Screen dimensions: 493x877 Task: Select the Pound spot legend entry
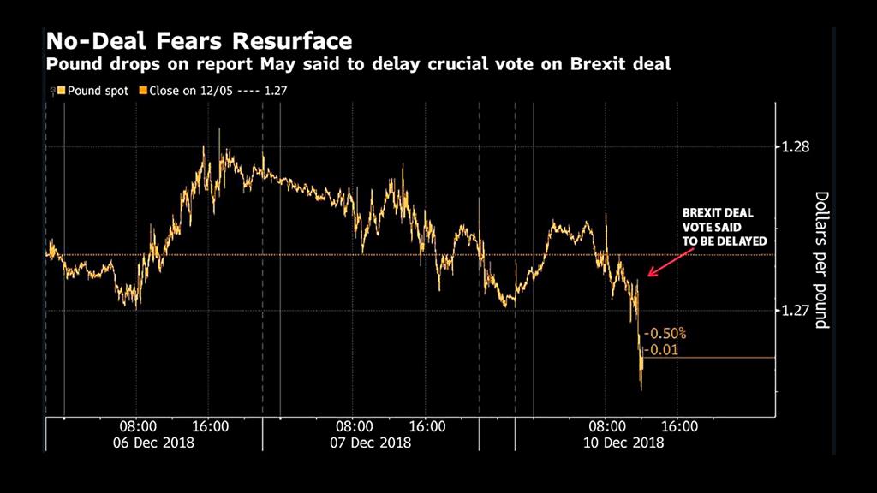point(92,90)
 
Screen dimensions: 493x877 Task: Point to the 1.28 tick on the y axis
point(796,147)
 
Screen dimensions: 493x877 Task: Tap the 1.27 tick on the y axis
point(796,311)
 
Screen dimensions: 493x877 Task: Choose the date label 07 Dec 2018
point(373,443)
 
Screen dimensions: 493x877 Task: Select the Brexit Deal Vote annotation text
point(725,227)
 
